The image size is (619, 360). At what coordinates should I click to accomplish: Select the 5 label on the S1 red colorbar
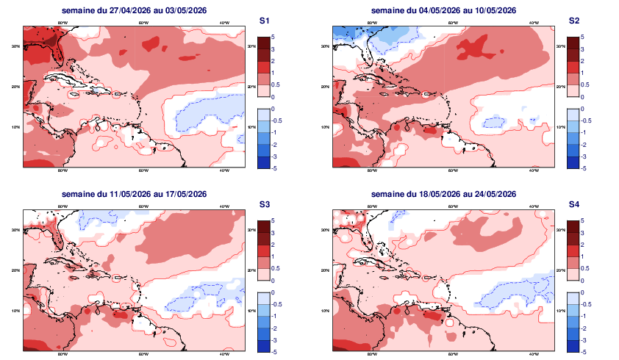click(x=273, y=36)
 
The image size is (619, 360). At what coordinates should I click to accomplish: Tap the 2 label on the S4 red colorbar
click(x=582, y=245)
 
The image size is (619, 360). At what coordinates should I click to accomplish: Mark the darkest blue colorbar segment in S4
click(x=573, y=346)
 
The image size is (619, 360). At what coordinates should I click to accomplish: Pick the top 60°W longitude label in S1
click(x=144, y=23)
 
